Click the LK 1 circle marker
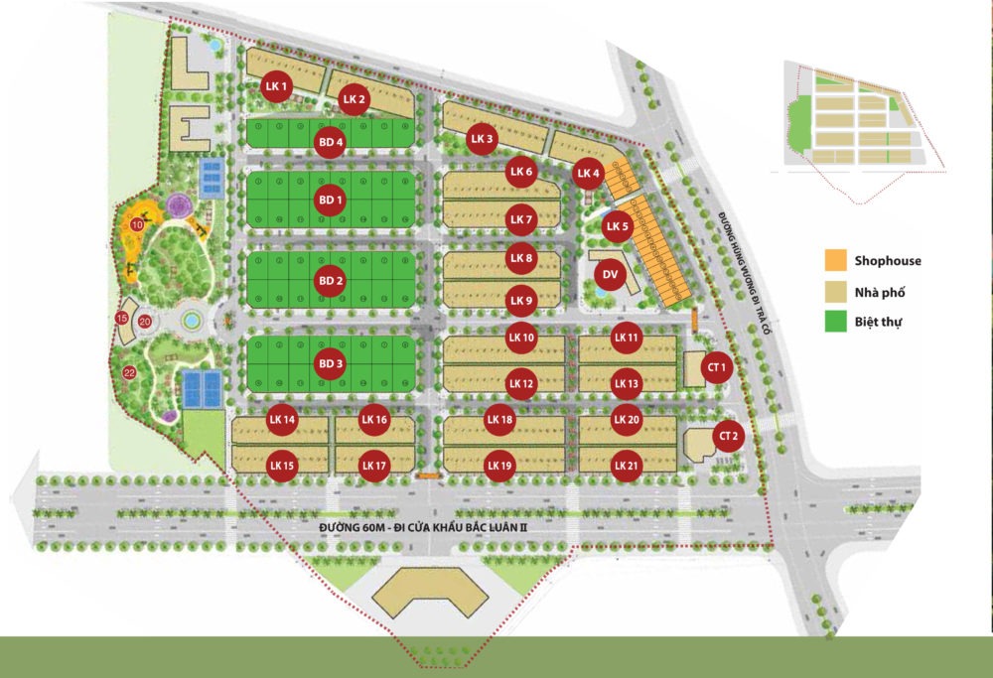point(276,87)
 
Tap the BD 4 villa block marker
point(331,142)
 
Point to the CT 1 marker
point(715,367)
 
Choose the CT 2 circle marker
point(729,436)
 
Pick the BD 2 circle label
point(331,281)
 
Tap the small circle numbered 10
point(138,225)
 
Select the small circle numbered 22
point(129,373)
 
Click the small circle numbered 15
point(122,318)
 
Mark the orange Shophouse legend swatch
point(834,261)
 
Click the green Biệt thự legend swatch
point(834,321)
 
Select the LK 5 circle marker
point(618,226)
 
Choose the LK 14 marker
point(283,421)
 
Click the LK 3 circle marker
point(483,139)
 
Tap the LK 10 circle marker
point(521,338)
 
